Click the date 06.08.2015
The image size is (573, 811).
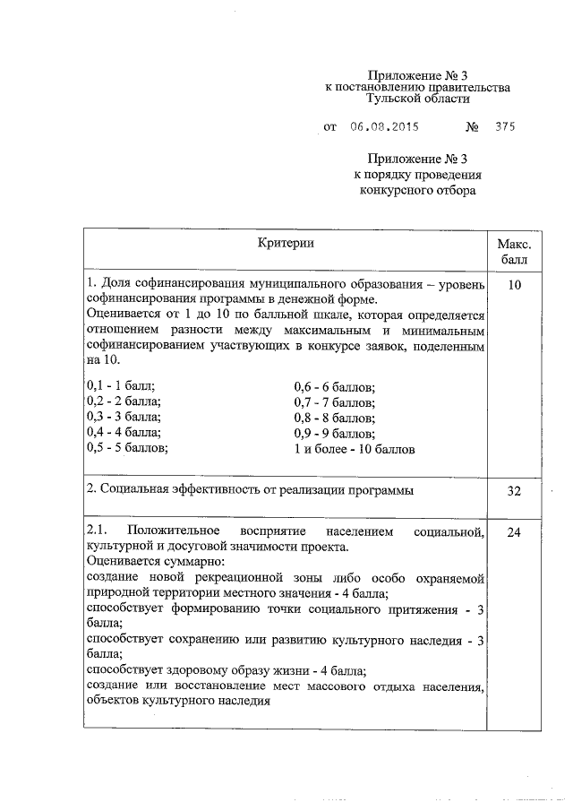pyautogui.click(x=385, y=127)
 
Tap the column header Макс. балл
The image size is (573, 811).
pyautogui.click(x=514, y=251)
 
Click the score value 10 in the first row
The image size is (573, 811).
pyautogui.click(x=514, y=285)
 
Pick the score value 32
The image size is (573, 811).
pyautogui.click(x=514, y=491)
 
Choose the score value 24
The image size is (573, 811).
pyautogui.click(x=514, y=532)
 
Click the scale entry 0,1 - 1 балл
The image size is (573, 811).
pyautogui.click(x=121, y=386)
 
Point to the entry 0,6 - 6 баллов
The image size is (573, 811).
pyautogui.click(x=334, y=386)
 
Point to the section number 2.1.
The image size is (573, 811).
pyautogui.click(x=98, y=531)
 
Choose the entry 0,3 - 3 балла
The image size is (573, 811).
pyautogui.click(x=124, y=417)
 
